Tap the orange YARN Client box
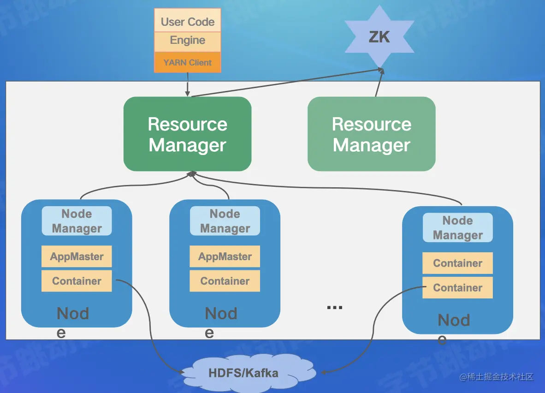click(x=187, y=62)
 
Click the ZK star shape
click(x=379, y=36)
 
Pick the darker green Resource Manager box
click(x=187, y=134)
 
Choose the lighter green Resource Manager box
click(x=372, y=134)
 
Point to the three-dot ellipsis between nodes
click(x=335, y=307)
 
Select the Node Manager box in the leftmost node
click(x=77, y=221)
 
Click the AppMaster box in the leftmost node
click(x=77, y=256)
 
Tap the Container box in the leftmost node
click(x=77, y=281)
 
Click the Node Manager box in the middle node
click(x=225, y=221)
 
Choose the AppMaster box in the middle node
click(x=225, y=256)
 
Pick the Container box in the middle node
click(x=225, y=281)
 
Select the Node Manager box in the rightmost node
click(x=458, y=227)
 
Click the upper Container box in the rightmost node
click(x=458, y=263)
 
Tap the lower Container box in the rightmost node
click(x=458, y=288)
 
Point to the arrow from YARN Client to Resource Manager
click(x=188, y=84)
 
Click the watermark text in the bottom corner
click(x=496, y=377)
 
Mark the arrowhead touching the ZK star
click(x=381, y=71)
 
